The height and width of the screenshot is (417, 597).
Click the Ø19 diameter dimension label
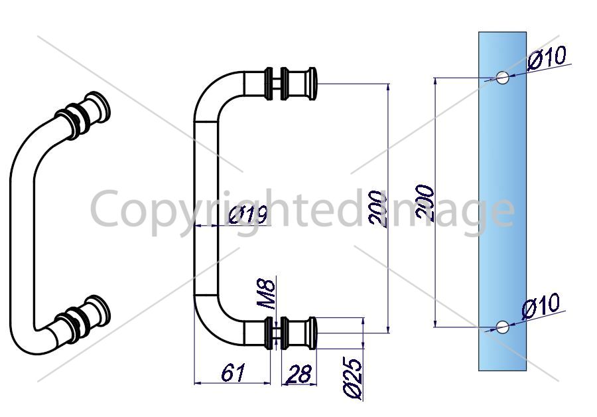[248, 215]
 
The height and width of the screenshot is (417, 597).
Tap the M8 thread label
[266, 294]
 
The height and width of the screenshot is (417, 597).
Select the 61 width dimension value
[233, 373]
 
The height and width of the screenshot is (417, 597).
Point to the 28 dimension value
[299, 374]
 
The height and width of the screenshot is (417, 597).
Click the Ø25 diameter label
[353, 379]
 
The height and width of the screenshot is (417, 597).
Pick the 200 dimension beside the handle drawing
[377, 209]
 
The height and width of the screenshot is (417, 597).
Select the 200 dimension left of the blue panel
[425, 202]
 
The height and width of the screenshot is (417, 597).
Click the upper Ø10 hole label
[547, 58]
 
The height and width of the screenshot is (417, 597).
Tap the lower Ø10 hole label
[541, 305]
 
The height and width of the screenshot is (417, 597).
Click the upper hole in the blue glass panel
[503, 78]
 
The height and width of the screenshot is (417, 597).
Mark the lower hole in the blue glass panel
[503, 327]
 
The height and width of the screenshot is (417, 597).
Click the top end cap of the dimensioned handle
[312, 84]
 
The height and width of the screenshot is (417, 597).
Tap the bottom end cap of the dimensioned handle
[312, 333]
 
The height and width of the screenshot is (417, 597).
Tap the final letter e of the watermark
[502, 212]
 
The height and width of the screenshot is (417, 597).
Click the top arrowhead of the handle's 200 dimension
[388, 87]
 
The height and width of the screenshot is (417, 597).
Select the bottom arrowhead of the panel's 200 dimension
[434, 323]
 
